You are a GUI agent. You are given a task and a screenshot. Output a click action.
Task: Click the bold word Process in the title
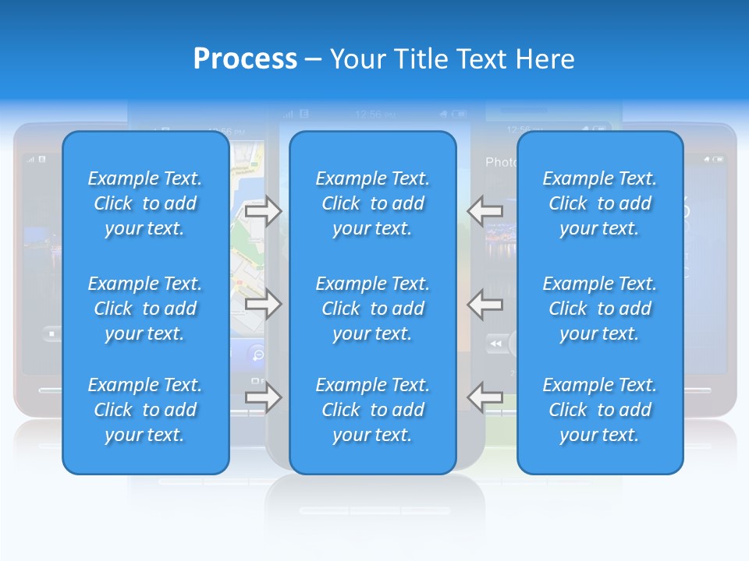click(245, 59)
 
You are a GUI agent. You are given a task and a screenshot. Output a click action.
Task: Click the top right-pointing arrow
click(263, 210)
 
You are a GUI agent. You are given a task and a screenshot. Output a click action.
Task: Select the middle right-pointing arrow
click(263, 304)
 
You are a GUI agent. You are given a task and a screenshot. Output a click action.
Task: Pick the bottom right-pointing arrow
click(263, 397)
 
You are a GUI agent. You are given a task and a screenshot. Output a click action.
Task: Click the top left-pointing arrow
click(485, 210)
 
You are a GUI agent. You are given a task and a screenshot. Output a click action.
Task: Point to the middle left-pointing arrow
click(485, 304)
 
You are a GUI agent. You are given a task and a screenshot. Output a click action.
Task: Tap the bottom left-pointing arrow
click(485, 397)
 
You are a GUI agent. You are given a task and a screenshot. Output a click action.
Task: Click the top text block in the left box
click(145, 203)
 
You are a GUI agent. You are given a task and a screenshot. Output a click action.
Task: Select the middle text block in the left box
click(145, 309)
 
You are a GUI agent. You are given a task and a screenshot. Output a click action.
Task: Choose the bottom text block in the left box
click(145, 410)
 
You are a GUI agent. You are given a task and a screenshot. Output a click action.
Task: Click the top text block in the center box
click(372, 203)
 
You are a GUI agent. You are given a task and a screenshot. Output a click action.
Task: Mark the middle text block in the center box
click(372, 309)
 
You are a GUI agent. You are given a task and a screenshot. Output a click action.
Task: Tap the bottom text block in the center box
click(372, 410)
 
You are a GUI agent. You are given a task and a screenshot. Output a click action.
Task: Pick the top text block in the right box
click(600, 203)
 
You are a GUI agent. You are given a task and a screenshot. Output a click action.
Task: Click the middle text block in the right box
click(600, 309)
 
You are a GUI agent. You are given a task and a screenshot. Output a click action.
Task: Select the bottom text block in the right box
click(600, 410)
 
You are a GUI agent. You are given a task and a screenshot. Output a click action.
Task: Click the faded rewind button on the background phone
click(495, 344)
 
